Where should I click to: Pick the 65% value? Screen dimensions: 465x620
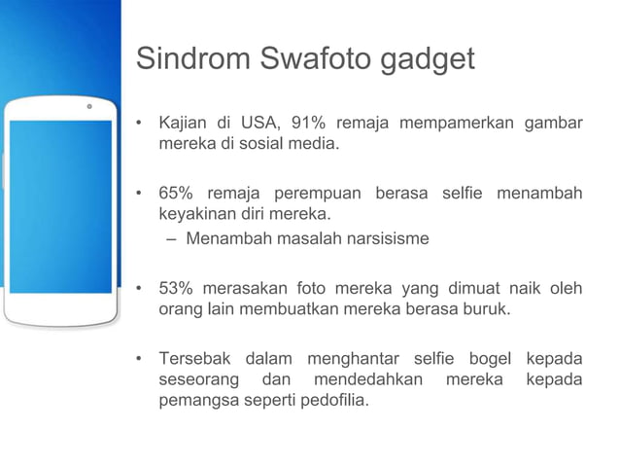(x=176, y=194)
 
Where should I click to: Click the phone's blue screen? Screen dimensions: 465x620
(x=60, y=205)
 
